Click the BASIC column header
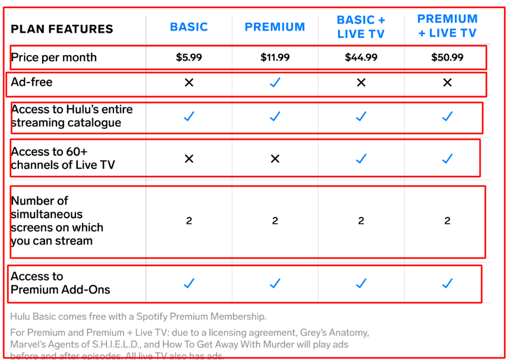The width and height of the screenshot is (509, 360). (189, 27)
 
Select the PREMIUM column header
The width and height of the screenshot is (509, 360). (274, 27)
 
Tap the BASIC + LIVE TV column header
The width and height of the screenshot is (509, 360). (361, 27)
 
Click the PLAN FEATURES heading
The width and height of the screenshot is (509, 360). (62, 29)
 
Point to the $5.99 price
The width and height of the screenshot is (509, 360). (189, 57)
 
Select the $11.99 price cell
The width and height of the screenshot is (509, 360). (275, 57)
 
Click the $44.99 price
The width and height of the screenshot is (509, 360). (361, 57)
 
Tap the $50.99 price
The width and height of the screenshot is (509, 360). (447, 57)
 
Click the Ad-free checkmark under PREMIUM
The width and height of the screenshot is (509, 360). (275, 83)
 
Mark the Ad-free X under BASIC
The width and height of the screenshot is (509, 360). (189, 83)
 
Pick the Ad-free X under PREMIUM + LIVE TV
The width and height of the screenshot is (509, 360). (447, 83)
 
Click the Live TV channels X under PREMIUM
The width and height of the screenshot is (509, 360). (275, 159)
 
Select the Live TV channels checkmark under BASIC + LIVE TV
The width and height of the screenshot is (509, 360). (361, 159)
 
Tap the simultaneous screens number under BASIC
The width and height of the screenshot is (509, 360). (189, 221)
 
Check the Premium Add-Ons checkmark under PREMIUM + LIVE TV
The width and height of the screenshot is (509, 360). (447, 284)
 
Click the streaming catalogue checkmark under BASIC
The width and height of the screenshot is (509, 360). (189, 117)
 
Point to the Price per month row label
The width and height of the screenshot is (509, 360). (54, 57)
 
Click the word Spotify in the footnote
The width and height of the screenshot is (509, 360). (152, 316)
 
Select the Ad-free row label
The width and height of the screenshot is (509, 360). (32, 82)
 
